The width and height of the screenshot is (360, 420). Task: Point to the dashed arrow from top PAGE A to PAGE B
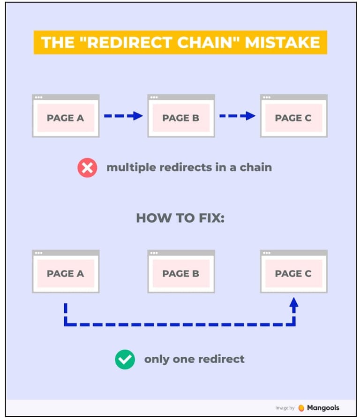[123, 116]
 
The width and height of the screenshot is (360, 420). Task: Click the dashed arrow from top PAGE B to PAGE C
[238, 116]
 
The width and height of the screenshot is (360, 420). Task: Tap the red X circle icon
[87, 167]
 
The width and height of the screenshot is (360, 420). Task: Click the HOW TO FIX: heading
[180, 218]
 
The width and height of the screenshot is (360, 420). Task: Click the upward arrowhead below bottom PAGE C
[294, 303]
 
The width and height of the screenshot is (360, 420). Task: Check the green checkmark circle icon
[125, 360]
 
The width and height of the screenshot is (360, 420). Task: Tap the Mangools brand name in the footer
[323, 408]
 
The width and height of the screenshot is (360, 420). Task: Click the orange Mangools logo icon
[301, 408]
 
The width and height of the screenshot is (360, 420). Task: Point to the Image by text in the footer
[285, 408]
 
